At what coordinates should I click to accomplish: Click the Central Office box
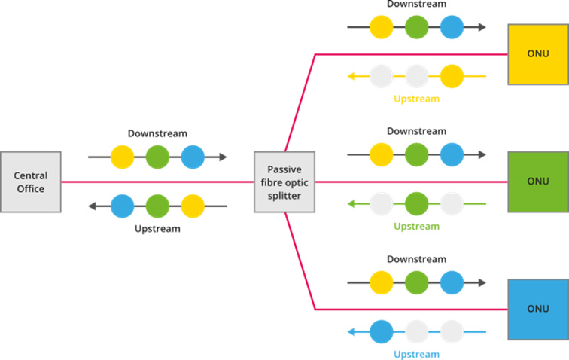point(31,182)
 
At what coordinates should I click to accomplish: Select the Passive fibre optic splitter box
point(284,182)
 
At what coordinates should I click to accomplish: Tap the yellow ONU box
point(537,54)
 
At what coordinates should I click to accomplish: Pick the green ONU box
point(537,182)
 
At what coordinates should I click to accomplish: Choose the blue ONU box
point(537,309)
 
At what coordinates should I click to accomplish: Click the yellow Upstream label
point(416,99)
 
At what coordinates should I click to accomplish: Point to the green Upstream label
point(416,226)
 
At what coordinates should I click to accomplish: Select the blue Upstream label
point(416,354)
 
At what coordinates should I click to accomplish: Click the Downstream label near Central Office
point(157,133)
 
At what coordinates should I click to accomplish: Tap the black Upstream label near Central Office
point(157,228)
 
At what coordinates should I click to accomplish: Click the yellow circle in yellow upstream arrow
point(452,76)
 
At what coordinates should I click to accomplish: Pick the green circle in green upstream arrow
point(416,204)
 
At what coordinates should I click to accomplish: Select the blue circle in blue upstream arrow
point(382,331)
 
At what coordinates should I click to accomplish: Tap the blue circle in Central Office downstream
point(193,157)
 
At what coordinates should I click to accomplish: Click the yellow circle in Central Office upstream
point(193,206)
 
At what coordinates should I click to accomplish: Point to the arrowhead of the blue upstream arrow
point(351,331)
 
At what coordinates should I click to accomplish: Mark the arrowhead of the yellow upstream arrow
point(351,76)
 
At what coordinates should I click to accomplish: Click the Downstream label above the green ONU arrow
point(416,131)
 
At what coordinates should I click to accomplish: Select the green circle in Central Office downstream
point(157,157)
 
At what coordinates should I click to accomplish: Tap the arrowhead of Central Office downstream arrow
point(223,157)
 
